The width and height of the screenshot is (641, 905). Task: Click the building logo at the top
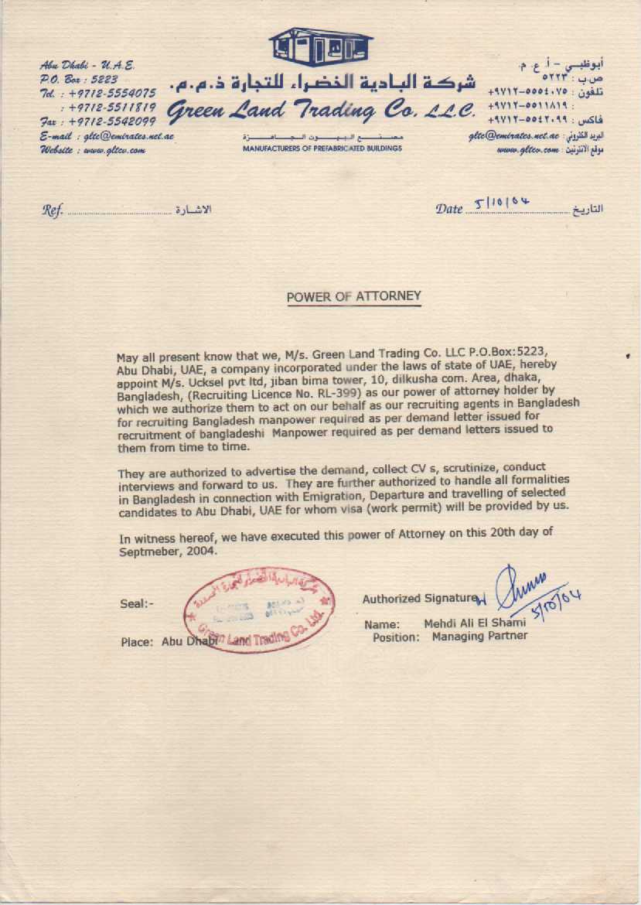pyautogui.click(x=322, y=46)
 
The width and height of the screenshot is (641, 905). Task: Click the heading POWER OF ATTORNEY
pyautogui.click(x=353, y=296)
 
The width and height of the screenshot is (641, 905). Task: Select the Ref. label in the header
pyautogui.click(x=52, y=210)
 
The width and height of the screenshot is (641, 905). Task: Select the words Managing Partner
pyautogui.click(x=479, y=637)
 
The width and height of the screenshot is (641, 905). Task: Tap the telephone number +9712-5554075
pyautogui.click(x=113, y=94)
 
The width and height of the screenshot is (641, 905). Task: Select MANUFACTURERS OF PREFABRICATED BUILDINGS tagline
pyautogui.click(x=322, y=148)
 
